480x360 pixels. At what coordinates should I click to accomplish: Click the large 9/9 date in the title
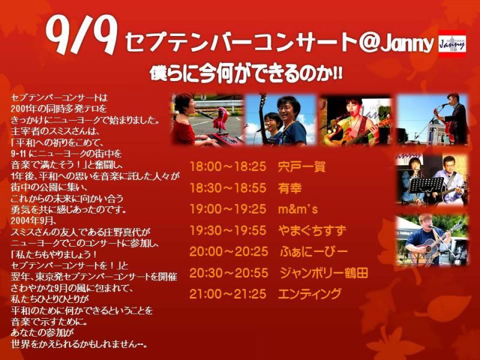(x=82, y=35)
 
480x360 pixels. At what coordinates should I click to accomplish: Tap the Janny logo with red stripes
(x=452, y=43)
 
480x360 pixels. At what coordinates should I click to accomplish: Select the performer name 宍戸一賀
(x=302, y=167)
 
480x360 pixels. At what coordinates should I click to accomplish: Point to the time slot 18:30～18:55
(x=228, y=188)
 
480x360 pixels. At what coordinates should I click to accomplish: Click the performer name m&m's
(x=298, y=209)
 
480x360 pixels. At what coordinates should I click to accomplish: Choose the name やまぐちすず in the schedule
(x=312, y=230)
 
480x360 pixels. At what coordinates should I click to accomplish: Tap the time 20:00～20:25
(x=229, y=251)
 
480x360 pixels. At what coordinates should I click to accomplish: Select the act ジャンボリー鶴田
(x=323, y=272)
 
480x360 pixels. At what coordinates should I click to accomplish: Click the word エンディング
(x=310, y=293)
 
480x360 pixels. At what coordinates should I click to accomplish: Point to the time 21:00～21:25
(x=228, y=293)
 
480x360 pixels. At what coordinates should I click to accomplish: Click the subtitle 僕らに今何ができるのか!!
(x=246, y=74)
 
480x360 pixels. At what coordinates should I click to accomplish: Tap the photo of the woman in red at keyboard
(x=207, y=119)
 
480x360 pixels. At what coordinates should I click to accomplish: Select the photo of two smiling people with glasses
(x=280, y=119)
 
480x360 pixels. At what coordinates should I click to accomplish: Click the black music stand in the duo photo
(x=425, y=185)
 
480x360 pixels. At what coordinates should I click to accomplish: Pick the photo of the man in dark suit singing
(x=432, y=119)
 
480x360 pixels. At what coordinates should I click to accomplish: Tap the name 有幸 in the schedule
(x=290, y=188)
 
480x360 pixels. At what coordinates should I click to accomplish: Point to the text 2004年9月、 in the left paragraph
(x=33, y=221)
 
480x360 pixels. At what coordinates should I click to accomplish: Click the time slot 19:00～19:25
(x=228, y=209)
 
